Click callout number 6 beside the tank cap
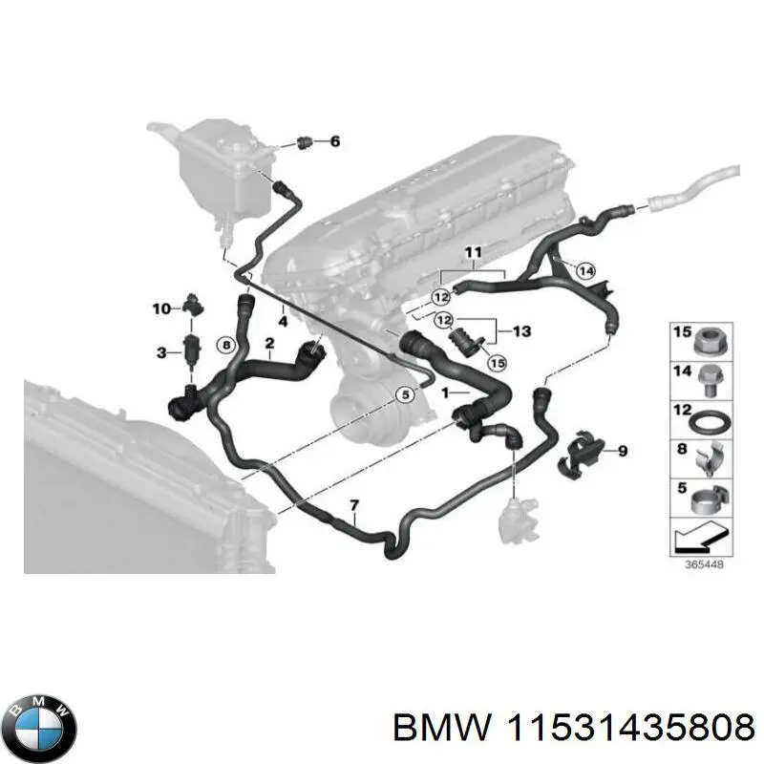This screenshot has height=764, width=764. point(334,142)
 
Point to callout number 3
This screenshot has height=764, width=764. point(161,353)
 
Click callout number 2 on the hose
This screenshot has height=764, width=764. point(270,343)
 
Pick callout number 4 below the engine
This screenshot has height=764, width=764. point(283,321)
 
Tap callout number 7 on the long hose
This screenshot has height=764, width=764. point(354,504)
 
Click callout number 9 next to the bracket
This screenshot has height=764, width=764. point(623,451)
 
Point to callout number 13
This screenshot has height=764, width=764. point(520,331)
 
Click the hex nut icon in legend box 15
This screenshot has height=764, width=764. point(708,339)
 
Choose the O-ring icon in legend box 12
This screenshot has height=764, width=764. point(708,420)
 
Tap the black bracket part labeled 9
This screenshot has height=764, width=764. point(580,450)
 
